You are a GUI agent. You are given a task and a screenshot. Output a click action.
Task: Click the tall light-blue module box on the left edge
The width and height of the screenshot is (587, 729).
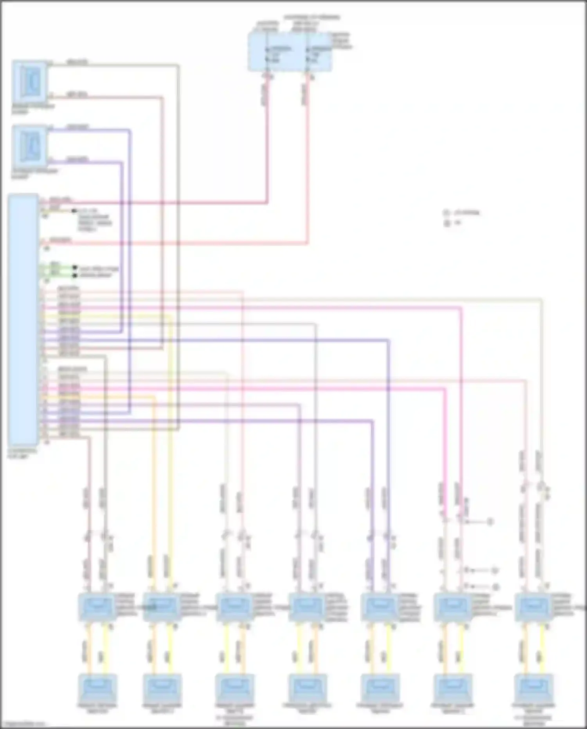23,319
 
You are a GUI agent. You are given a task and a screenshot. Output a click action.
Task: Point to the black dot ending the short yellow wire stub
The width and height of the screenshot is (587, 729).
73,211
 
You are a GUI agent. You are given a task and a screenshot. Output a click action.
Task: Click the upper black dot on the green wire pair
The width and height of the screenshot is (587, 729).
74,268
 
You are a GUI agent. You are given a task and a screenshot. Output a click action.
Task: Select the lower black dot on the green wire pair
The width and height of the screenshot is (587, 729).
74,275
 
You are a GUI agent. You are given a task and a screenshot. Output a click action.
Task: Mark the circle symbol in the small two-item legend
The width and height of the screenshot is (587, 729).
447,213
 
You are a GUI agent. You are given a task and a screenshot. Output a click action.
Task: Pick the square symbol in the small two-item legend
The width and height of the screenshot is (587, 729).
447,224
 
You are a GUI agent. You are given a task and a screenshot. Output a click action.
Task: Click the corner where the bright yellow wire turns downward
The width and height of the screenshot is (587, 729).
170,316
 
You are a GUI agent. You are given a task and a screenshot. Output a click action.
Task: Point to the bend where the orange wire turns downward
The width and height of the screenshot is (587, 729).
153,397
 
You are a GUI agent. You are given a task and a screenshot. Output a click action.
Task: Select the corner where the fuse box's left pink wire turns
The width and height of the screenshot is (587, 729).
267,203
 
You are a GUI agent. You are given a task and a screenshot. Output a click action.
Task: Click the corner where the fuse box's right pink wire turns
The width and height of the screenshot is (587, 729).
307,243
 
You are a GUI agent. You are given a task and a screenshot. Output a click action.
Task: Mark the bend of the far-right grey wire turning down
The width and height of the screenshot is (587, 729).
541,300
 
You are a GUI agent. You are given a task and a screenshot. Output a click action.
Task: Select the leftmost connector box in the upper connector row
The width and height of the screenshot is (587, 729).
97,607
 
